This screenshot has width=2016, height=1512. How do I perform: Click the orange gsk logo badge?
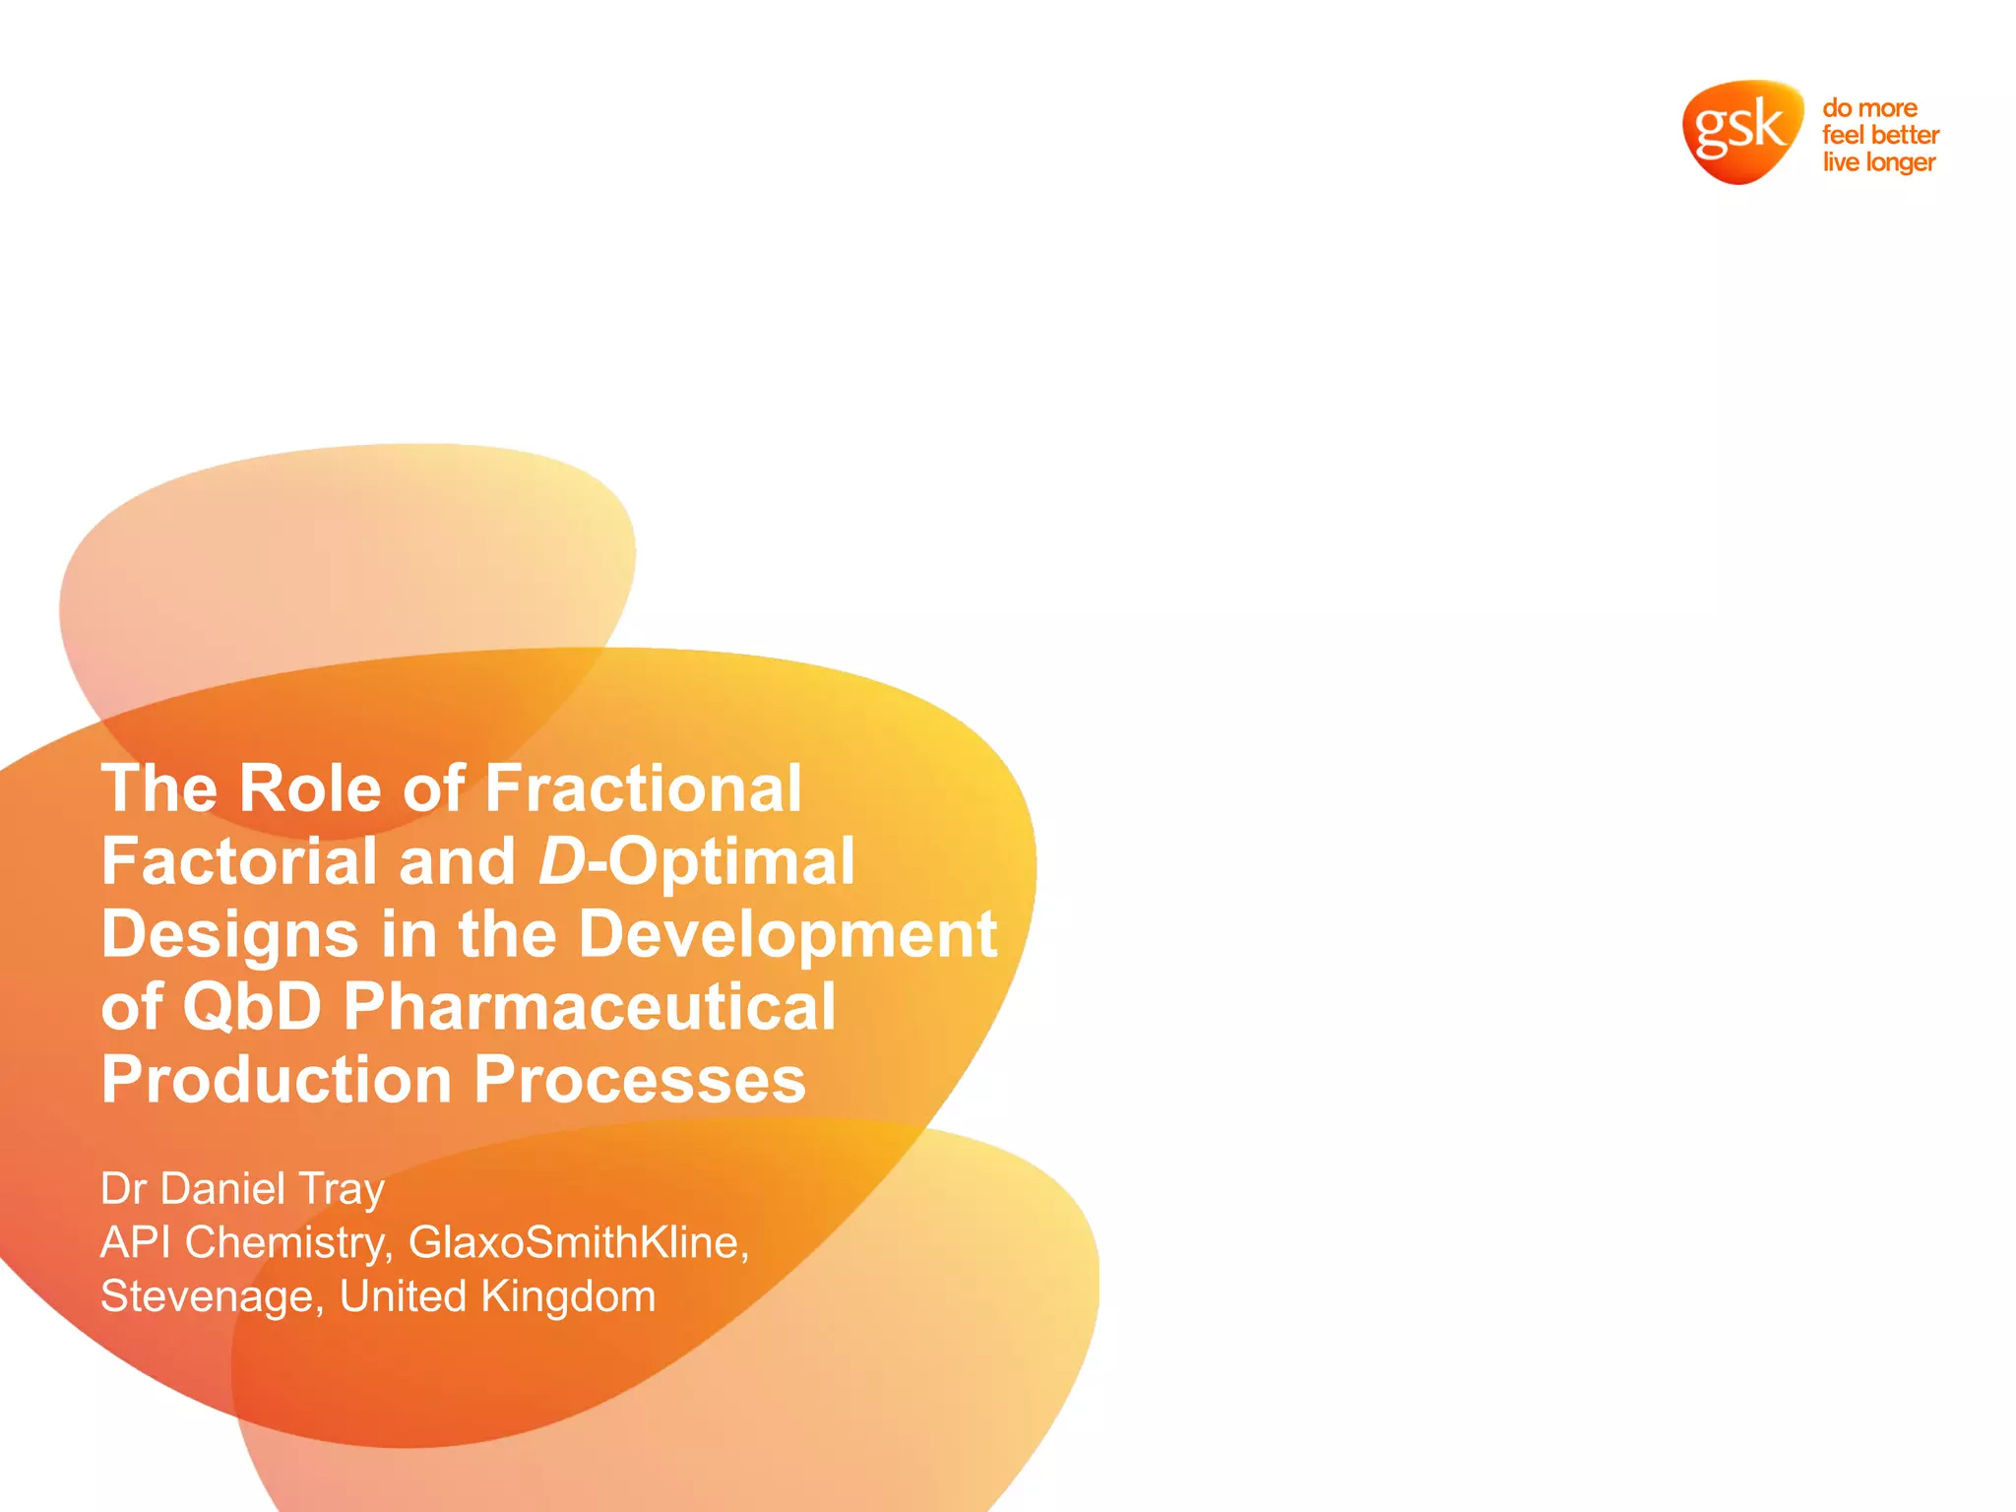pos(1740,131)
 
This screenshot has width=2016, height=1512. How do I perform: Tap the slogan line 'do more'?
pos(1869,107)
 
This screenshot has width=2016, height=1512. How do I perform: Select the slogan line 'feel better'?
pos(1880,135)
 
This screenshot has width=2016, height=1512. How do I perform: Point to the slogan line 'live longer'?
pos(1878,162)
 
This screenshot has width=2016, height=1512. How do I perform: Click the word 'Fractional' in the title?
pos(644,788)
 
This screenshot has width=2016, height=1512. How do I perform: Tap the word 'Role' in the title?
pos(309,788)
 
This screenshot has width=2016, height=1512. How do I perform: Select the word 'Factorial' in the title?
pos(239,861)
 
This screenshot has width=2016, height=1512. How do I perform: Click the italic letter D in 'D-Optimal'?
pos(562,861)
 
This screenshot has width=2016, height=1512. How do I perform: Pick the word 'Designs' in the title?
pos(229,934)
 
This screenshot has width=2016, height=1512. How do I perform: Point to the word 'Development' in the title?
pos(787,934)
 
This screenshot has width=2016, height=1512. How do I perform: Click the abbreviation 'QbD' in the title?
pos(252,1007)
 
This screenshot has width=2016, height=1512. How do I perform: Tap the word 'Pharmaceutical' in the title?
pos(590,1007)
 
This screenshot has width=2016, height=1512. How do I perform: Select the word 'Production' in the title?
pos(277,1080)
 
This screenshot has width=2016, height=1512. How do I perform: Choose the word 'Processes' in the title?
pos(640,1080)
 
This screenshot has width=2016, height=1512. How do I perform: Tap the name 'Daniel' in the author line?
pos(222,1189)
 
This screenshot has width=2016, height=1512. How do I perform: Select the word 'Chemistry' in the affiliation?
pos(285,1243)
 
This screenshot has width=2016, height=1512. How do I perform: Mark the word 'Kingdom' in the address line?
pos(568,1297)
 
